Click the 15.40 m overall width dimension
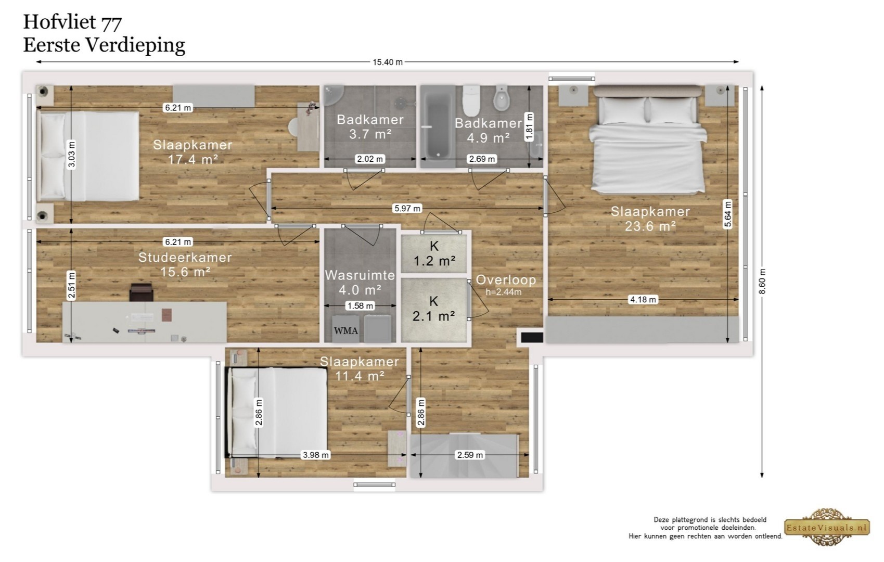388,62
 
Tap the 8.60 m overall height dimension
762,282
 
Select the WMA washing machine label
345,331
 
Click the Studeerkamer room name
185,257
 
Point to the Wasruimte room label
360,275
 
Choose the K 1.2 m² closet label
434,253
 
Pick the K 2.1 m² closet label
434,309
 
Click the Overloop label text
506,280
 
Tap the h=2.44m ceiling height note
503,292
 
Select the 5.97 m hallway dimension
407,208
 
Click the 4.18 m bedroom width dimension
643,300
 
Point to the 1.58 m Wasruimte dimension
360,306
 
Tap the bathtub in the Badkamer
438,125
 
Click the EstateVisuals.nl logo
826,527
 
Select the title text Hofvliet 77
72,22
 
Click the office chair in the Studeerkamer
141,292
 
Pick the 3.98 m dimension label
315,455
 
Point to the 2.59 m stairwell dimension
470,455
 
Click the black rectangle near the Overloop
532,337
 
